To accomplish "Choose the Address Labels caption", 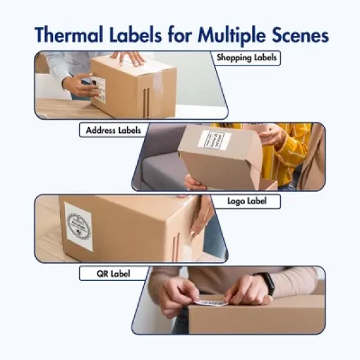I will pyautogui.click(x=113, y=130).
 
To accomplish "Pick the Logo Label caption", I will pyautogui.click(x=247, y=202).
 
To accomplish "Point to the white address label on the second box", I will pyautogui.click(x=215, y=140).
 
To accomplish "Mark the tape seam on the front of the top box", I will pyautogui.click(x=147, y=98).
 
